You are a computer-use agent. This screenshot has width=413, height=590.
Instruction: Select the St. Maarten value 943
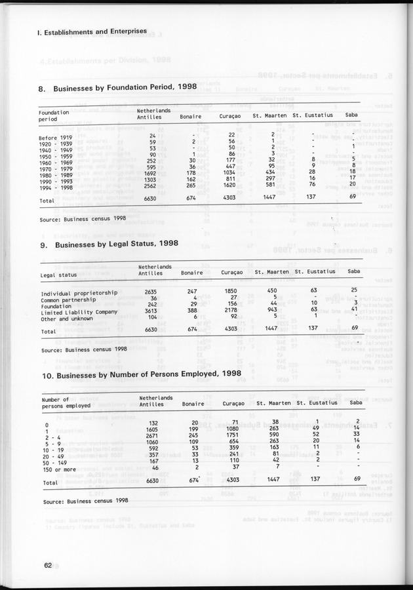click(272, 311)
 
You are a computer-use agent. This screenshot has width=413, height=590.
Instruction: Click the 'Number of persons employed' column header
click(66, 403)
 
